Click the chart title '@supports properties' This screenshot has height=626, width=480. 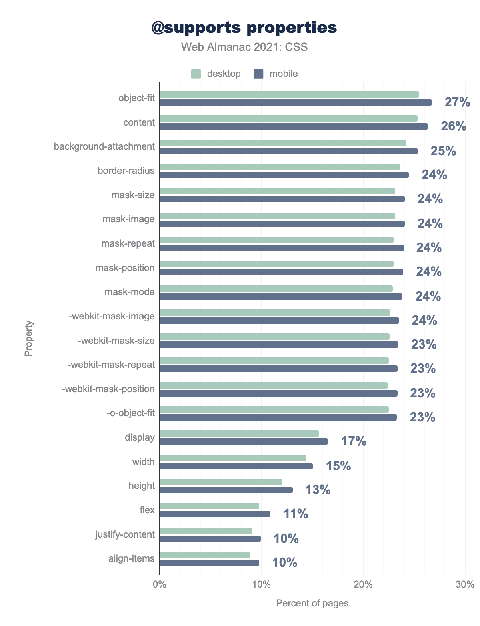coord(244,28)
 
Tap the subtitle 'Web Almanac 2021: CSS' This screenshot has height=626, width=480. coord(244,47)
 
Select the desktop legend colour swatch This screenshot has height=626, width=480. coord(196,74)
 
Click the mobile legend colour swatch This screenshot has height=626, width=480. coord(258,74)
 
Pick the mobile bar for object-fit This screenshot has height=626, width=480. coord(296,102)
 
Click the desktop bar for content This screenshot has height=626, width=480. coord(288,118)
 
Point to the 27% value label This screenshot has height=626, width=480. coord(457,102)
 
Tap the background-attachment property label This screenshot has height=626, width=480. coord(104,146)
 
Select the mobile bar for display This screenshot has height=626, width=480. coord(244,441)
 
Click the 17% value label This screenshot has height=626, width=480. coord(354,441)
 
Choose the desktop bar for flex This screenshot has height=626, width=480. coord(209,506)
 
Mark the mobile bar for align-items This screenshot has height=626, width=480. coord(209,563)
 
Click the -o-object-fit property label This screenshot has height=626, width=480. coord(130,413)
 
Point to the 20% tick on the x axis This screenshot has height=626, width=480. coord(363,584)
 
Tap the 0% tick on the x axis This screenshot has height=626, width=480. coord(160,584)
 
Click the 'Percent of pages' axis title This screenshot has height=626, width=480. coord(312,603)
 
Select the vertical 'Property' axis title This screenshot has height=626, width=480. coord(28,338)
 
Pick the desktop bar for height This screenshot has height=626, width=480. coord(221,482)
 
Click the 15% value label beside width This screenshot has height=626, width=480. coord(338,466)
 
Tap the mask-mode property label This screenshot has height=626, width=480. coord(130,292)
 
